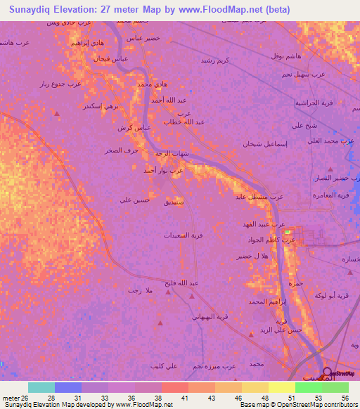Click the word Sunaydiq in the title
click(35, 10)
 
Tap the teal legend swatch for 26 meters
click(41, 387)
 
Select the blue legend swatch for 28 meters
click(67, 387)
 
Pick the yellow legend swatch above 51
click(281, 387)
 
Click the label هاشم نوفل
click(285, 55)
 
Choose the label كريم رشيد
click(215, 60)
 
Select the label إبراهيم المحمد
click(264, 301)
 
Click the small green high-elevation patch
click(288, 232)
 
